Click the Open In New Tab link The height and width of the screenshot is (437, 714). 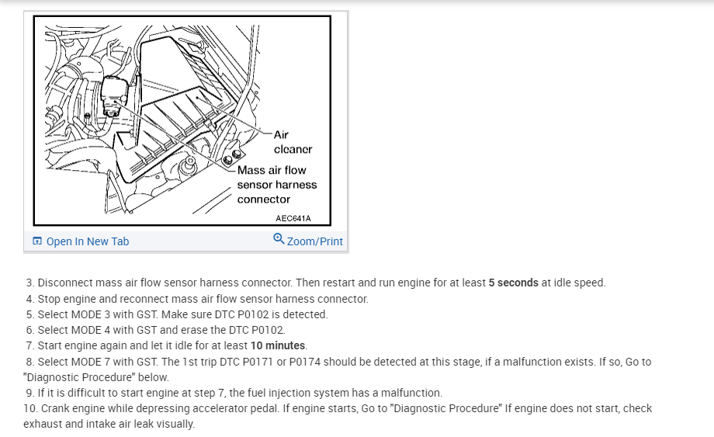click(x=88, y=241)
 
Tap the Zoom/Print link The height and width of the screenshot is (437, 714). click(x=314, y=241)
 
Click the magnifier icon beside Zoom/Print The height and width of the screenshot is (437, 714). click(x=279, y=239)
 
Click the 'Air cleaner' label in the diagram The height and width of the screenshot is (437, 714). click(x=293, y=142)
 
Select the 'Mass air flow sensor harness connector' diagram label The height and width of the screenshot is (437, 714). click(x=276, y=185)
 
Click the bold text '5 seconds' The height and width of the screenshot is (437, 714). click(x=513, y=283)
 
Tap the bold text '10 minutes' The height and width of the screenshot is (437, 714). click(x=279, y=345)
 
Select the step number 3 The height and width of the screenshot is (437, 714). click(x=29, y=283)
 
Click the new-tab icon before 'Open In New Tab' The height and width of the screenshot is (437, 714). click(x=37, y=241)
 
